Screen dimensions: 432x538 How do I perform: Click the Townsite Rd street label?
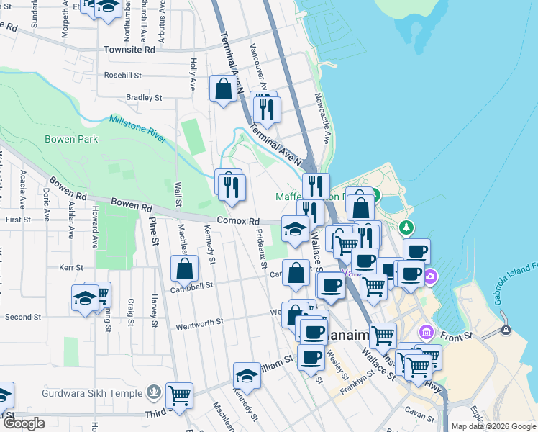pos(129,50)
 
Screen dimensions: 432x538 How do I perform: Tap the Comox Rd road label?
pos(238,221)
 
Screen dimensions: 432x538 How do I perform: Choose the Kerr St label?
pos(71,267)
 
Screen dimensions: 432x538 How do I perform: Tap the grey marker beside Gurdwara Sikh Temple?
pos(153,392)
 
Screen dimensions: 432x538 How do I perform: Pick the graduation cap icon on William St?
pos(247,375)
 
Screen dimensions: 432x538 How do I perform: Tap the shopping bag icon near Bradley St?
pos(223,89)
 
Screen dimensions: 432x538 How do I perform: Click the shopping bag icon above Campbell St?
pos(185,269)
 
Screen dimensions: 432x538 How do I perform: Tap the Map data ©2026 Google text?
pos(493,426)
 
